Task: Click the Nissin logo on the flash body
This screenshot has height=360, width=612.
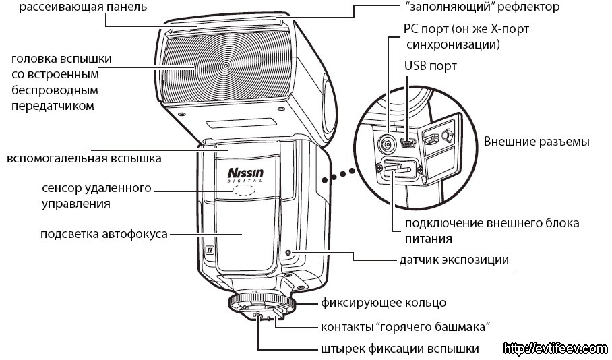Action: [246, 174]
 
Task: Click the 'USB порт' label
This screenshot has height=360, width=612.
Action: [430, 66]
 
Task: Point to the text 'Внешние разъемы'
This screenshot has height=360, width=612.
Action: [537, 142]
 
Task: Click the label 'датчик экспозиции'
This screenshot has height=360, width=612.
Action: [454, 259]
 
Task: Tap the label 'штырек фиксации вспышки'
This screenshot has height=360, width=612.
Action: [400, 349]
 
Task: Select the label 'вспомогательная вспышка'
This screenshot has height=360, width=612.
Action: [84, 159]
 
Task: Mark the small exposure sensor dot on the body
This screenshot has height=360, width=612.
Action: [289, 253]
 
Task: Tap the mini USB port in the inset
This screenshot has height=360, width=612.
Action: [408, 143]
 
